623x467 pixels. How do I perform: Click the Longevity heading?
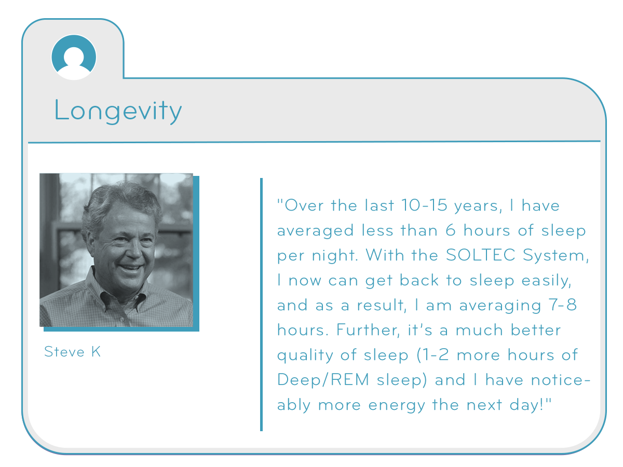tap(118, 112)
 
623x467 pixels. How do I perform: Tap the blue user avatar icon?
tap(74, 57)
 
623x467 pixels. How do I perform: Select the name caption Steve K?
tap(72, 352)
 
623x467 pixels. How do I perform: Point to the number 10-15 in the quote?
tap(424, 205)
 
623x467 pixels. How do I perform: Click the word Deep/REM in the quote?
tap(323, 379)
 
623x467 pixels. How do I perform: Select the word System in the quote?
tap(556, 255)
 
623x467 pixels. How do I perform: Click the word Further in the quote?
tap(368, 330)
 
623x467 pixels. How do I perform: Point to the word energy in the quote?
tap(397, 405)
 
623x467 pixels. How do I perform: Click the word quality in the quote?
tap(305, 355)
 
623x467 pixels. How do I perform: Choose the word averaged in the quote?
tap(315, 231)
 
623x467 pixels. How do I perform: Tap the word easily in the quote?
tap(546, 281)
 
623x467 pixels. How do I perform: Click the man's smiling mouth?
tap(131, 267)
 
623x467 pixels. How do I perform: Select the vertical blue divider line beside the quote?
tap(261, 305)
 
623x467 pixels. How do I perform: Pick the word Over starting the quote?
tap(304, 205)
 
